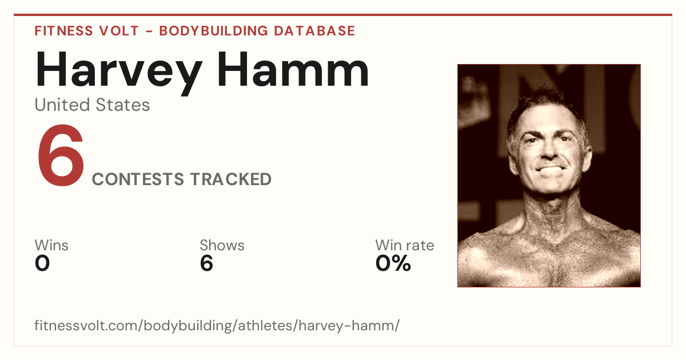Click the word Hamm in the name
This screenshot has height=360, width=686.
[x=293, y=70]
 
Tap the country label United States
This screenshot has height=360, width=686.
[x=92, y=105]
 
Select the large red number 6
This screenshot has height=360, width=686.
[x=61, y=155]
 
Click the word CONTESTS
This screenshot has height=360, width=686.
[x=138, y=179]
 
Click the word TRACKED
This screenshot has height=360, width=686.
[x=231, y=179]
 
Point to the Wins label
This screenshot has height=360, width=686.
[x=51, y=245]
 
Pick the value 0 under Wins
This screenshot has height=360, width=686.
[x=42, y=263]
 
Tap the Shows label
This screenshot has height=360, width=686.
[x=222, y=245]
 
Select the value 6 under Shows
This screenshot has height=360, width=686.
[x=206, y=263]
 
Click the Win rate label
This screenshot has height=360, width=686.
[x=405, y=245]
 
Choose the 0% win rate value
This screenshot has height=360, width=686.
[x=393, y=263]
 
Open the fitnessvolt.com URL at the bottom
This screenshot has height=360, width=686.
[x=217, y=325]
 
